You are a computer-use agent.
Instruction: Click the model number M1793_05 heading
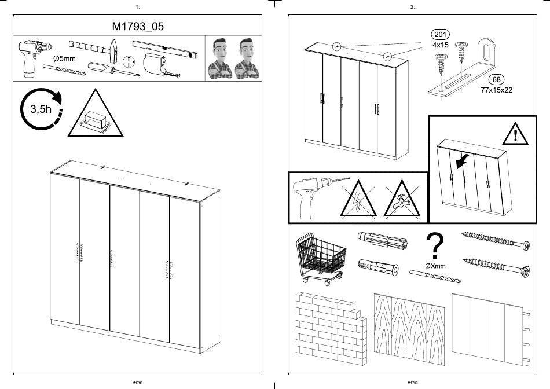tap(138, 26)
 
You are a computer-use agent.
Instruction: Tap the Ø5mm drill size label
tap(64, 58)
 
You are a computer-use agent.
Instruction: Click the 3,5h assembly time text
tap(41, 109)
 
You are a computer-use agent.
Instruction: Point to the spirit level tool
tap(165, 49)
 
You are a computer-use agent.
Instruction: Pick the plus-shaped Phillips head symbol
tap(129, 62)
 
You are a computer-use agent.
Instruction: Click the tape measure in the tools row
tap(160, 65)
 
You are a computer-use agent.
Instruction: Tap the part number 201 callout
tap(440, 34)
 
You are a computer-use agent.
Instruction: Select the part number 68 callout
tap(496, 80)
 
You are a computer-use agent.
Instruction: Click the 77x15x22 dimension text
tap(496, 90)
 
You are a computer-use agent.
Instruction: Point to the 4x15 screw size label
tap(440, 45)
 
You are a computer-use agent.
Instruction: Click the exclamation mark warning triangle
tap(515, 134)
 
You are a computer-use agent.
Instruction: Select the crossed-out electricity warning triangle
tap(358, 199)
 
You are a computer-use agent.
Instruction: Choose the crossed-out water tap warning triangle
tap(402, 199)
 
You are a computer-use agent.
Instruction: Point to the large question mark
tap(435, 246)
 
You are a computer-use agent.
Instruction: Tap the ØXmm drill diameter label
tap(435, 266)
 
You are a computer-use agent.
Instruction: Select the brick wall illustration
tap(331, 329)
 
